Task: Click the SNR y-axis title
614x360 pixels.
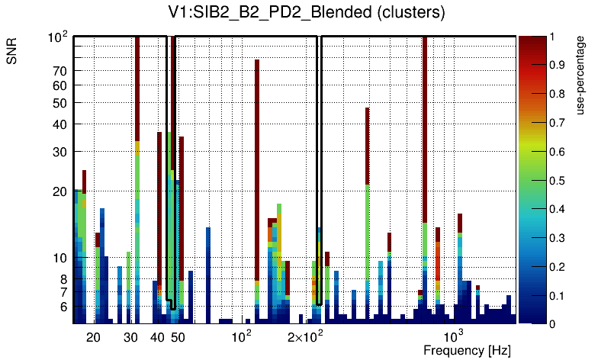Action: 12,53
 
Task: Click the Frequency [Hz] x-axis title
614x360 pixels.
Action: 467,350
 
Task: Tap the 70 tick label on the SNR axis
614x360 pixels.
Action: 59,71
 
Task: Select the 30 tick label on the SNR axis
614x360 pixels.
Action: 59,152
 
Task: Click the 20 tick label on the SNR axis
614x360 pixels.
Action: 59,192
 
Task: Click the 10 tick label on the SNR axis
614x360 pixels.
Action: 59,259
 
